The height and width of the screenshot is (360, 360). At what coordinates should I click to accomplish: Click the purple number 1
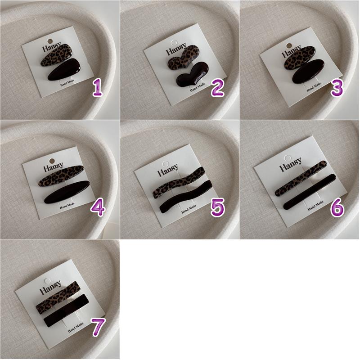click(x=97, y=88)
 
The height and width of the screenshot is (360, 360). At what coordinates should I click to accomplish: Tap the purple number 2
click(x=217, y=87)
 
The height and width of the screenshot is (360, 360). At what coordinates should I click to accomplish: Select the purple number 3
click(x=337, y=87)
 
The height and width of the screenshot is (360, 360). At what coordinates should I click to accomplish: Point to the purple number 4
click(x=98, y=207)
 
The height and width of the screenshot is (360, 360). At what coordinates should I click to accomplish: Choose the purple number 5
click(x=217, y=207)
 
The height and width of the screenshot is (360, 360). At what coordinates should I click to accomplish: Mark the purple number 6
click(x=337, y=207)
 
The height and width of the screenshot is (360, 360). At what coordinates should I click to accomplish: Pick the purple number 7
click(x=98, y=327)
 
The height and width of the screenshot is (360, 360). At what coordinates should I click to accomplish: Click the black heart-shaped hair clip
click(x=193, y=74)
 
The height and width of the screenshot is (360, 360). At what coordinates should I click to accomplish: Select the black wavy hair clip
click(x=185, y=197)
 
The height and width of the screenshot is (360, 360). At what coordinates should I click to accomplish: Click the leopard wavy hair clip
click(x=178, y=183)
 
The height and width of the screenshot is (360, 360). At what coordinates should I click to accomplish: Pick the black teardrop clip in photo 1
click(x=64, y=69)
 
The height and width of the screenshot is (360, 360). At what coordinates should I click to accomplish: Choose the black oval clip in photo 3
click(x=308, y=71)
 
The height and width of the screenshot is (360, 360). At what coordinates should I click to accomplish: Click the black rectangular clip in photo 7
click(x=66, y=310)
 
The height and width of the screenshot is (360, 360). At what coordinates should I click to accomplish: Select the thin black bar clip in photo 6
click(x=310, y=192)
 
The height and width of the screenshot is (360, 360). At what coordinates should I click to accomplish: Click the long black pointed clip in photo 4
click(x=67, y=192)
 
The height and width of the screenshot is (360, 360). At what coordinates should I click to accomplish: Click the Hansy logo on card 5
click(x=168, y=170)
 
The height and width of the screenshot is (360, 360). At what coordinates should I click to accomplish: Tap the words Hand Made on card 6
click(x=315, y=206)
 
